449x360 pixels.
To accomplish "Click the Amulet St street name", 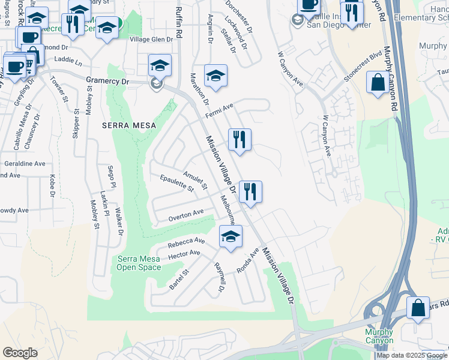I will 195,180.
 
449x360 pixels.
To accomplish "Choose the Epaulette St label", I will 177,183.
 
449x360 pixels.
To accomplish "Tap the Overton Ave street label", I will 186,214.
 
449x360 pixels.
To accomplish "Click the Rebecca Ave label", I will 186,241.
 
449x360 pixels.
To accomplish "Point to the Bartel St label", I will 179,279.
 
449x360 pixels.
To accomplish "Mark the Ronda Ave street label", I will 247,261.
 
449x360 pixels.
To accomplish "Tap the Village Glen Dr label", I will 152,40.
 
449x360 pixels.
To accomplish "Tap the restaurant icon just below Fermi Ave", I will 240,140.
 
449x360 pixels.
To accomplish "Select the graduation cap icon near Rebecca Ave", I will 230,236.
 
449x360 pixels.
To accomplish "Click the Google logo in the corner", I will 20,353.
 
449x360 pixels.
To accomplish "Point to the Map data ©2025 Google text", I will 412,355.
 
